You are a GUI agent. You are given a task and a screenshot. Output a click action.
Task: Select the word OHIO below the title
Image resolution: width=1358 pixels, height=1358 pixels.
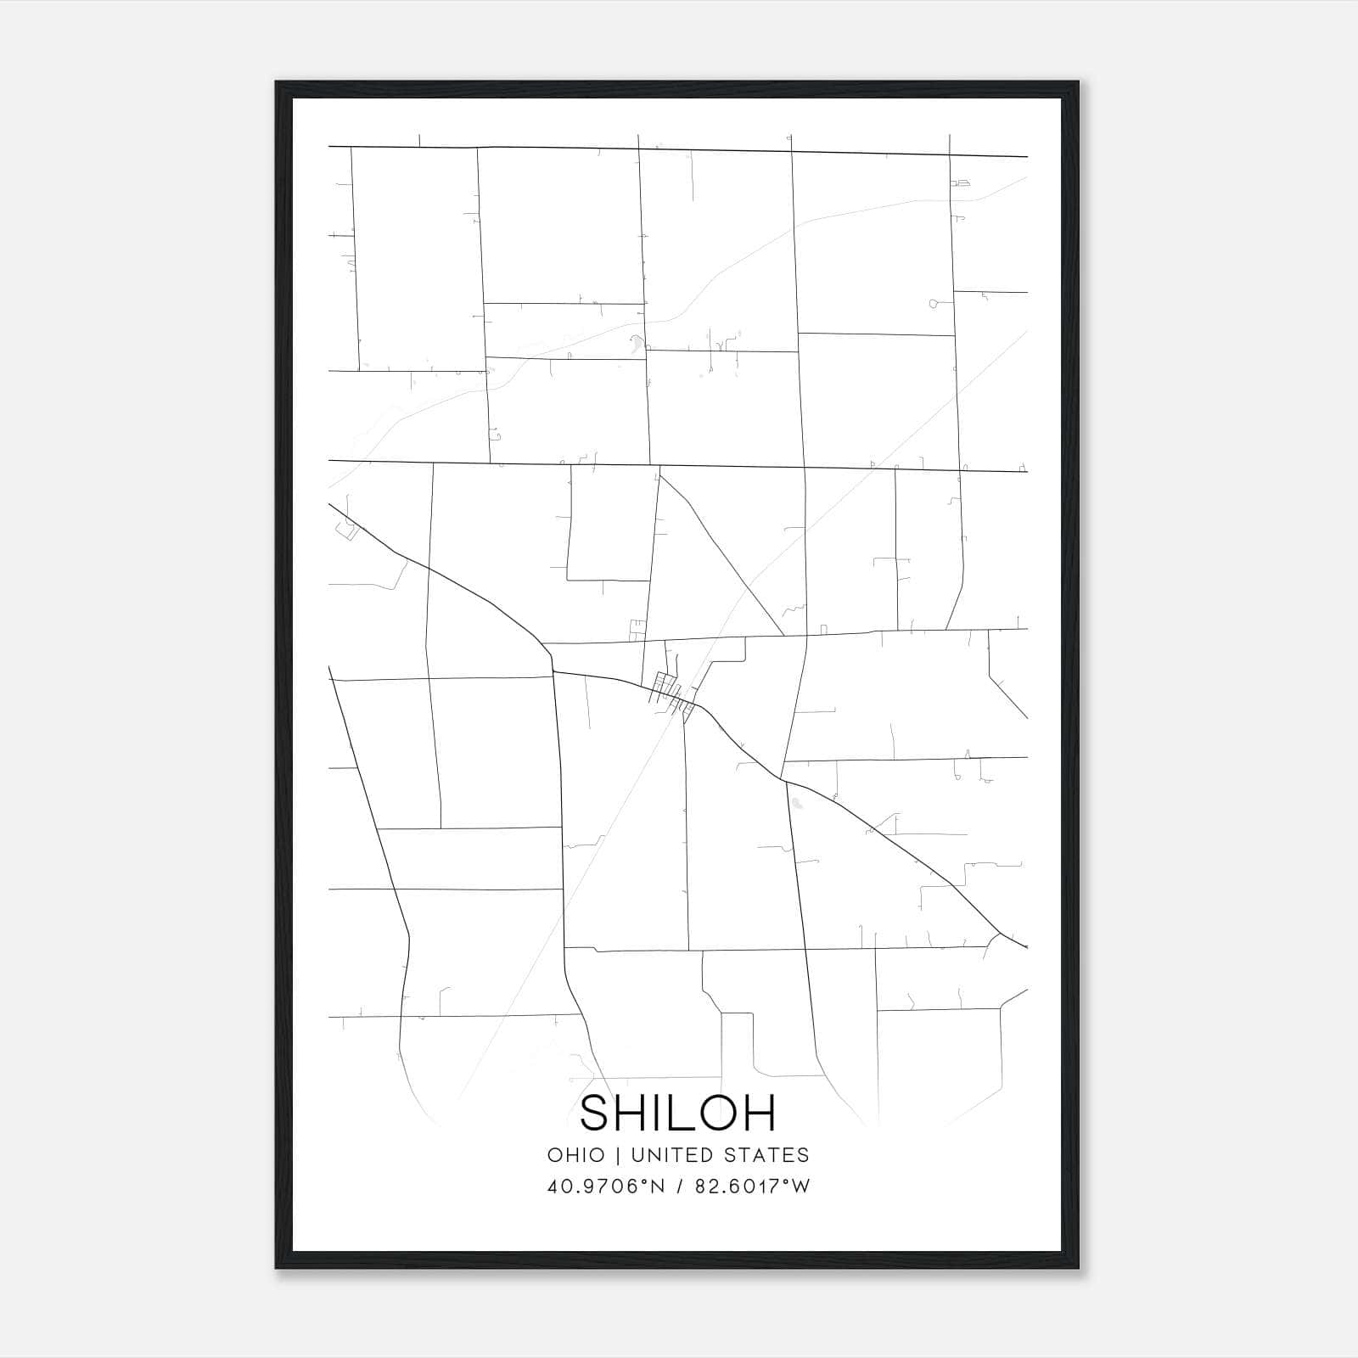576,1155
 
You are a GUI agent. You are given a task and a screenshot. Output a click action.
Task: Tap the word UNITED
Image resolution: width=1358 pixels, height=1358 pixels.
667,1155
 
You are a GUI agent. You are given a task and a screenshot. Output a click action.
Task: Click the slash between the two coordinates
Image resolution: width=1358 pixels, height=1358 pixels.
679,1187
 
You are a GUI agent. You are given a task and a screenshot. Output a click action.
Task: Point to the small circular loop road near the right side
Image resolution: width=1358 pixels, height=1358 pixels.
934,303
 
